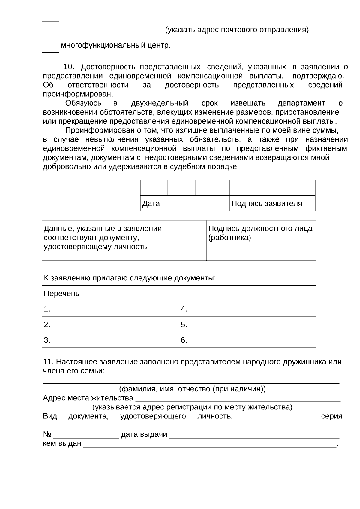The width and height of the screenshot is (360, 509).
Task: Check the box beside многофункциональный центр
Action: [50, 45]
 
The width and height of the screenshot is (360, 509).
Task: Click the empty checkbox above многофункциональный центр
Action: [50, 29]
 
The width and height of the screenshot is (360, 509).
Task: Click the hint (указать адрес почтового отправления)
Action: [237, 30]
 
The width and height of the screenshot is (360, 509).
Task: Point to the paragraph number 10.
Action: [69, 67]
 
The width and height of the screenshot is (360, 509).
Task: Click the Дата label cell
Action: [184, 203]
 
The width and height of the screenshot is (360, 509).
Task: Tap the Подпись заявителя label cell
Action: [272, 203]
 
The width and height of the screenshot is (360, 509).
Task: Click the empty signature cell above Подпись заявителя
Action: [272, 188]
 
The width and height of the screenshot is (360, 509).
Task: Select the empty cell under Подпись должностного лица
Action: [261, 253]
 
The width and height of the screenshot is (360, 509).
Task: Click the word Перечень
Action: [61, 293]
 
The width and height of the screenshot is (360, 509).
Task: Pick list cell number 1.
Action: [110, 309]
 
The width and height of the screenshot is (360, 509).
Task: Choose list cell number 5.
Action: [247, 324]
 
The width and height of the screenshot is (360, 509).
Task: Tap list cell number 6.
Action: [247, 340]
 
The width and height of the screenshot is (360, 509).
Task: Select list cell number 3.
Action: [110, 340]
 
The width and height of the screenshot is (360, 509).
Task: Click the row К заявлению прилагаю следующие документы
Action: [179, 278]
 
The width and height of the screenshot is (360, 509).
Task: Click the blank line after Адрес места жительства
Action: [238, 399]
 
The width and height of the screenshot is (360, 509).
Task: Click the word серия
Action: [331, 416]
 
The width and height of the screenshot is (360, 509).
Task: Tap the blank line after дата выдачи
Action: [254, 435]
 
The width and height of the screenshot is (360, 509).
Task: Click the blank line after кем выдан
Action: [209, 444]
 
